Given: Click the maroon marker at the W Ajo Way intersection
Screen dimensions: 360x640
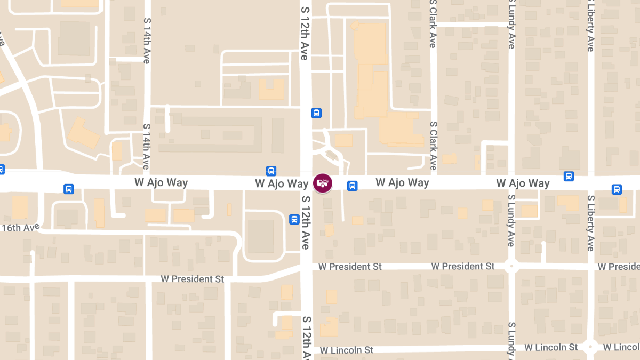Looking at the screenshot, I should tap(322, 183).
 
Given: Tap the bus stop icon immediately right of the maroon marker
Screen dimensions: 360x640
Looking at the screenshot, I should tap(352, 186).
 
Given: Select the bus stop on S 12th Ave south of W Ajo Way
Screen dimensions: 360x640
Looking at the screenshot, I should tap(294, 219).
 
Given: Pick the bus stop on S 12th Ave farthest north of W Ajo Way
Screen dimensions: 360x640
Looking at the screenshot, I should tap(316, 113).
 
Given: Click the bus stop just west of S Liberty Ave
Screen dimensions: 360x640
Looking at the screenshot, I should tap(569, 176).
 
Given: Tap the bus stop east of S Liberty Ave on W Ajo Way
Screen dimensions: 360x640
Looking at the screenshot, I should tap(617, 189).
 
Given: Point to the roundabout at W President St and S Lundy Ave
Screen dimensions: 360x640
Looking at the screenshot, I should tap(511, 266).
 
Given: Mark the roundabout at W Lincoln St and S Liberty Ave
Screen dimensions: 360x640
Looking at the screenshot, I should tap(590, 347).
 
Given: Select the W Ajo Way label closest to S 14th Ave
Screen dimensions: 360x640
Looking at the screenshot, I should tap(161, 183).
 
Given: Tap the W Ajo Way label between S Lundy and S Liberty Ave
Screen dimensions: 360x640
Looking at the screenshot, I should tap(523, 183).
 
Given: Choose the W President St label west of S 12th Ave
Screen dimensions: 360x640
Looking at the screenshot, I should tap(193, 279).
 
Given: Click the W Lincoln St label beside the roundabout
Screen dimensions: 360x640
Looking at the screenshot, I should tap(551, 347).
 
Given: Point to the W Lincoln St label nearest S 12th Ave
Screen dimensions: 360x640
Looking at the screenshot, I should tap(347, 350).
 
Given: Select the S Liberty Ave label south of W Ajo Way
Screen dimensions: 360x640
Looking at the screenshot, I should tap(590, 223).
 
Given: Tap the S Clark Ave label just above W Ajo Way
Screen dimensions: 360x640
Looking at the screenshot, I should tap(434, 145).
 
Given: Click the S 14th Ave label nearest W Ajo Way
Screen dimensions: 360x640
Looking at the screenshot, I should tap(146, 147).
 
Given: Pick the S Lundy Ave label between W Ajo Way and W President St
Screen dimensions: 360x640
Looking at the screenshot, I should tap(511, 220).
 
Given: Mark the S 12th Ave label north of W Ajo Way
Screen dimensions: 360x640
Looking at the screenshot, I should tap(305, 33).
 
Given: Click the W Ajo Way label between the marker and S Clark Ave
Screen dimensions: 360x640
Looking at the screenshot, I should tap(402, 183).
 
